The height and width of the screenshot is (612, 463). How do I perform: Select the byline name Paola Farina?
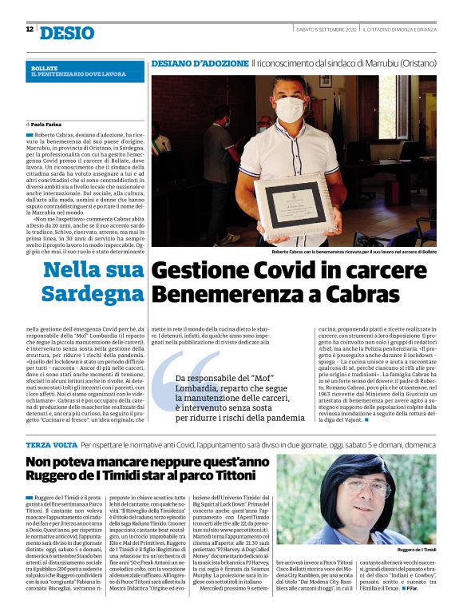point(51,125)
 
